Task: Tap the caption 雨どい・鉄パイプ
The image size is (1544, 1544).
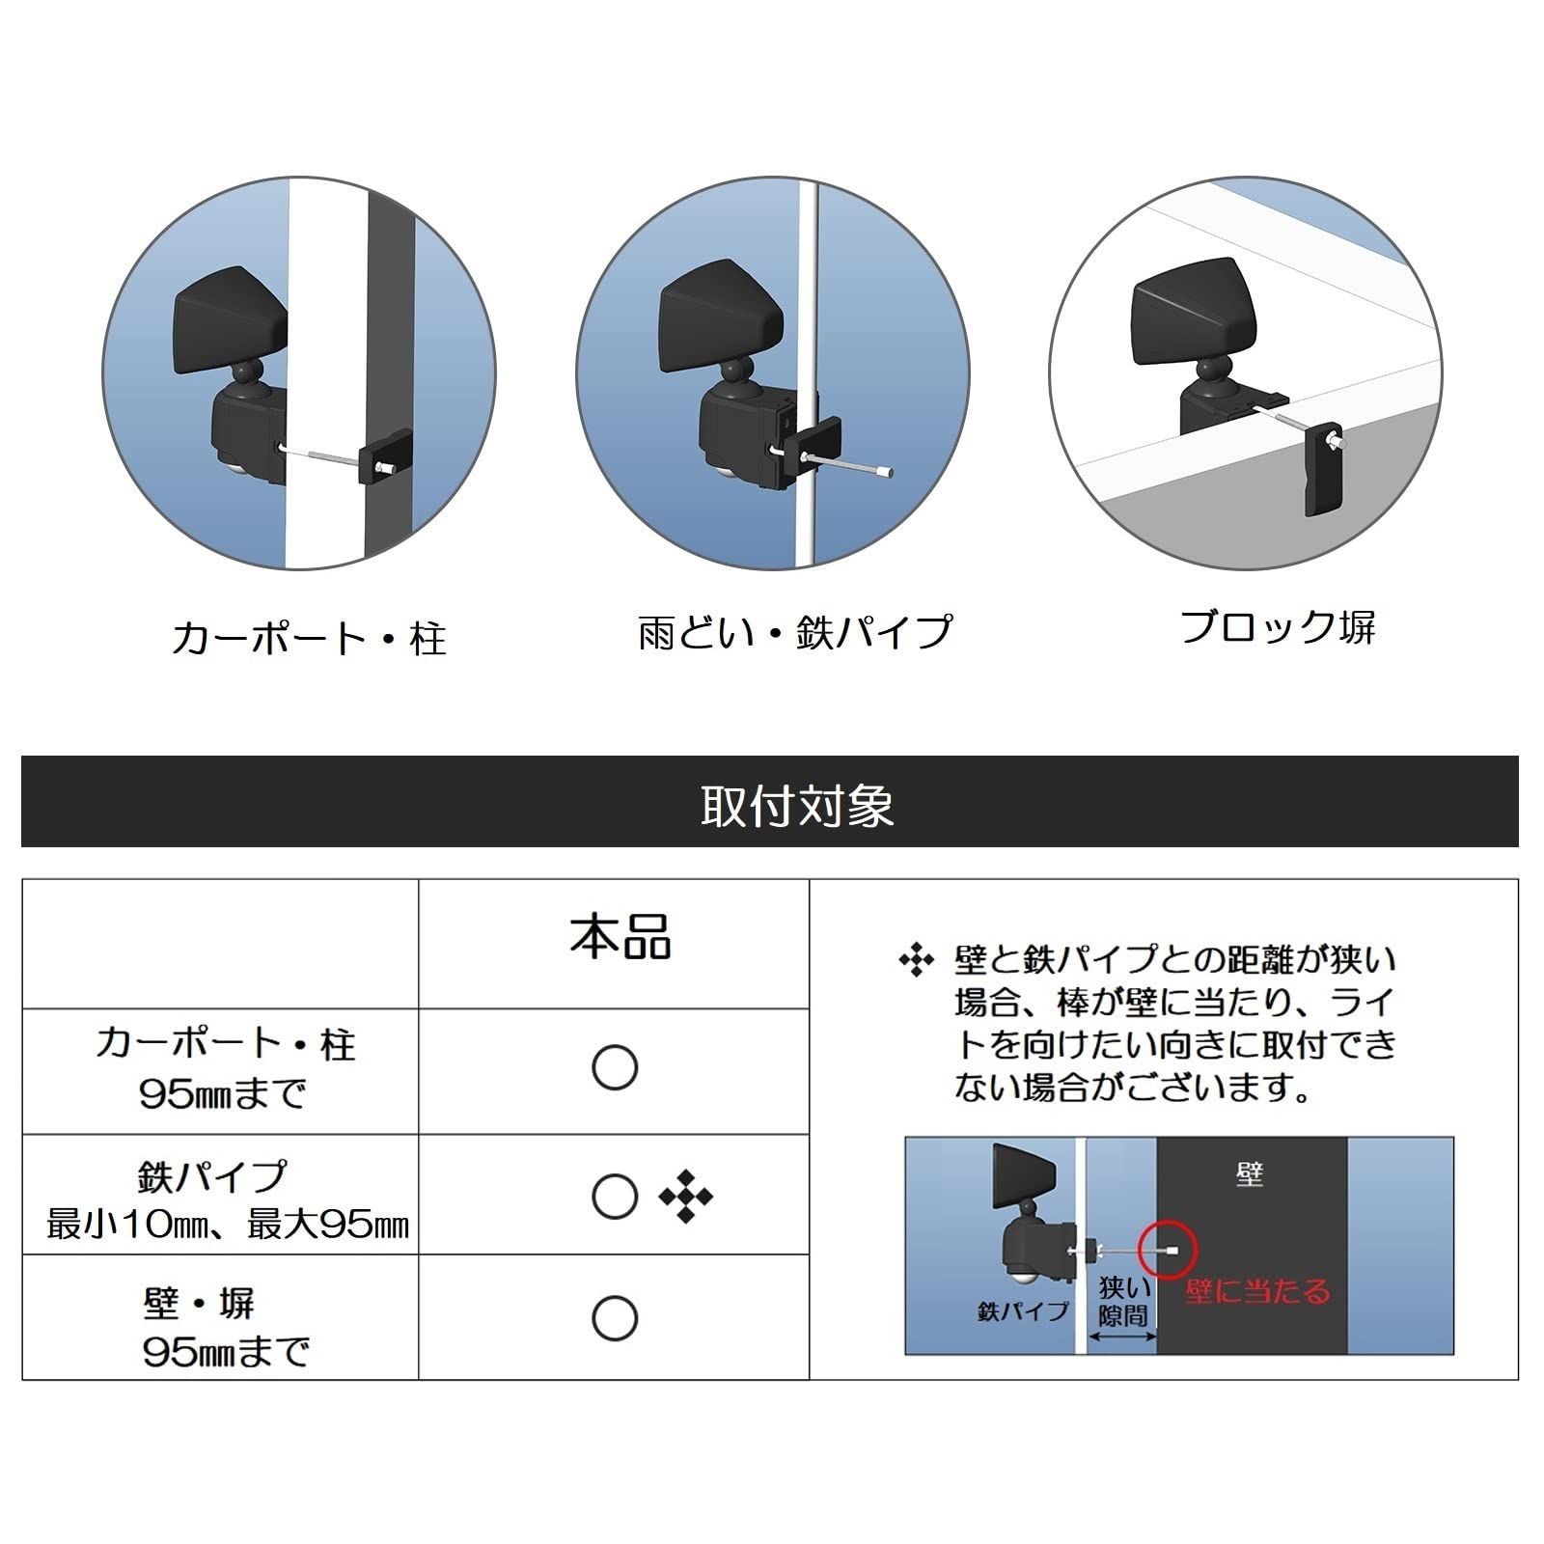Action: (795, 632)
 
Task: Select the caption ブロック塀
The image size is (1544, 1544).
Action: (1278, 627)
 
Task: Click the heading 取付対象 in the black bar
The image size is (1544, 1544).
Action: (798, 806)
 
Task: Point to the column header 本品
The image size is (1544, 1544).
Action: (620, 936)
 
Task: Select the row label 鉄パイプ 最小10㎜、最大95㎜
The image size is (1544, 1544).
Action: (228, 1199)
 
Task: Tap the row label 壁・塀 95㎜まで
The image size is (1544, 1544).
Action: (226, 1327)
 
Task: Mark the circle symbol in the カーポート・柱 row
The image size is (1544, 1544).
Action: (615, 1068)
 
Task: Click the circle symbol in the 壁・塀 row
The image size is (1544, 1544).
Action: (615, 1318)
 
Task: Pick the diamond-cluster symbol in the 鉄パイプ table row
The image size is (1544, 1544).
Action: (686, 1197)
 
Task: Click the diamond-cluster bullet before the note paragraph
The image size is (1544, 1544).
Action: (916, 960)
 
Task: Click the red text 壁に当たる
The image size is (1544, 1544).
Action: (1258, 1290)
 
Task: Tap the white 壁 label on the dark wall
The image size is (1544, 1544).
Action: (1250, 1174)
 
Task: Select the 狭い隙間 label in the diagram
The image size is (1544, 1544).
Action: (1124, 1301)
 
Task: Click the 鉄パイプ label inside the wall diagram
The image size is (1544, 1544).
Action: (1023, 1311)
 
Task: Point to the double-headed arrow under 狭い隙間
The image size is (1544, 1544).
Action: (1122, 1336)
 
